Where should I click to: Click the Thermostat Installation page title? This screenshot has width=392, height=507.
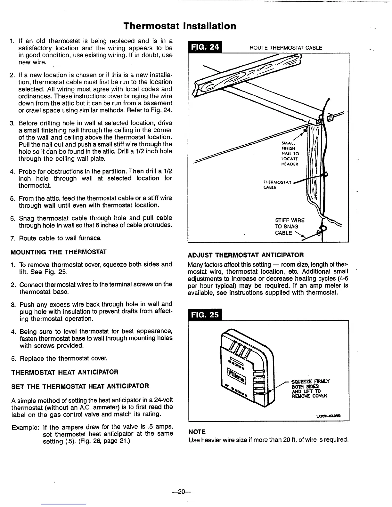tap(180, 26)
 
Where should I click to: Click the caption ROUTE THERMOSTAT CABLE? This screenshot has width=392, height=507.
tap(286, 48)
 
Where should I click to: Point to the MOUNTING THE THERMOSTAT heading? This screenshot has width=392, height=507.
tap(59, 252)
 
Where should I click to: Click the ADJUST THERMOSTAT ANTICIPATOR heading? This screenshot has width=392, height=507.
tap(246, 255)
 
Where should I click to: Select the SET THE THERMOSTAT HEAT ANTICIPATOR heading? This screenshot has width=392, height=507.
tap(80, 386)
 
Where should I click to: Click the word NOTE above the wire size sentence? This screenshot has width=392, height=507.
tap(197, 432)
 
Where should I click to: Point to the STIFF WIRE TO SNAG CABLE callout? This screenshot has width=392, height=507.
tap(290, 227)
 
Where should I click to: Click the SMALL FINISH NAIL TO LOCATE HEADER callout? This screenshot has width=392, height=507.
tap(290, 154)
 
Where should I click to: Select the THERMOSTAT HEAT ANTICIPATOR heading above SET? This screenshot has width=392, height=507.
tap(65, 372)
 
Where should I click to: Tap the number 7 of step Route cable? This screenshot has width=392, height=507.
tap(12, 238)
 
